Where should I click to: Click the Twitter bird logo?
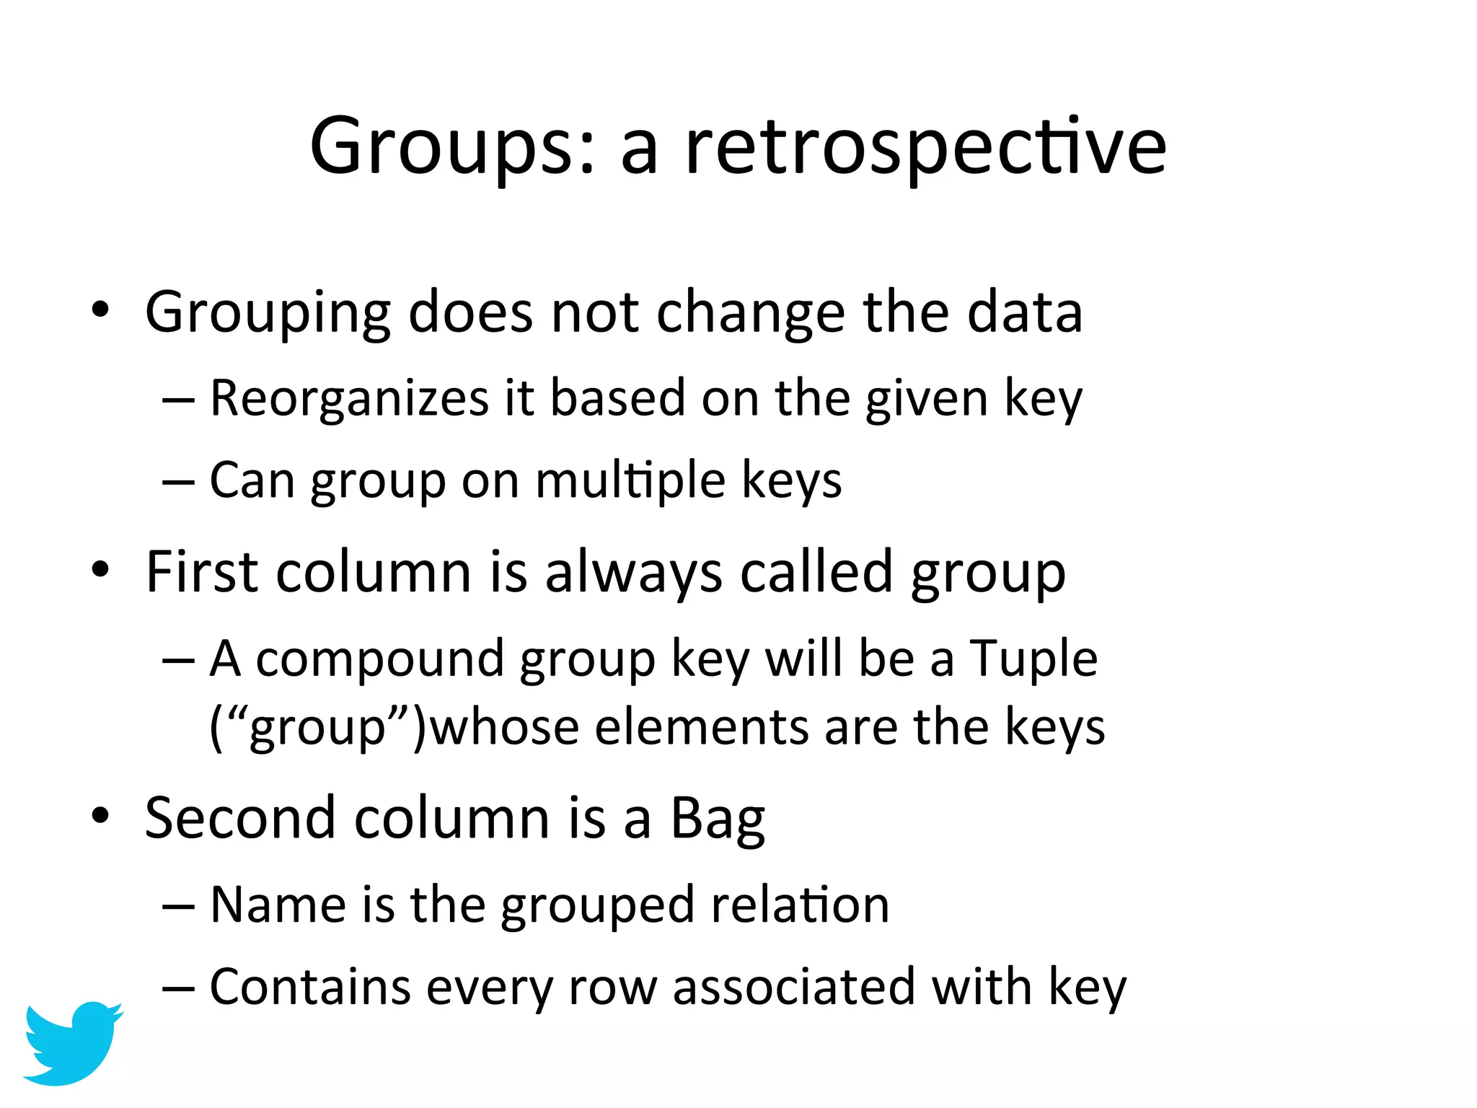[72, 1042]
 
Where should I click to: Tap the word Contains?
[310, 987]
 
